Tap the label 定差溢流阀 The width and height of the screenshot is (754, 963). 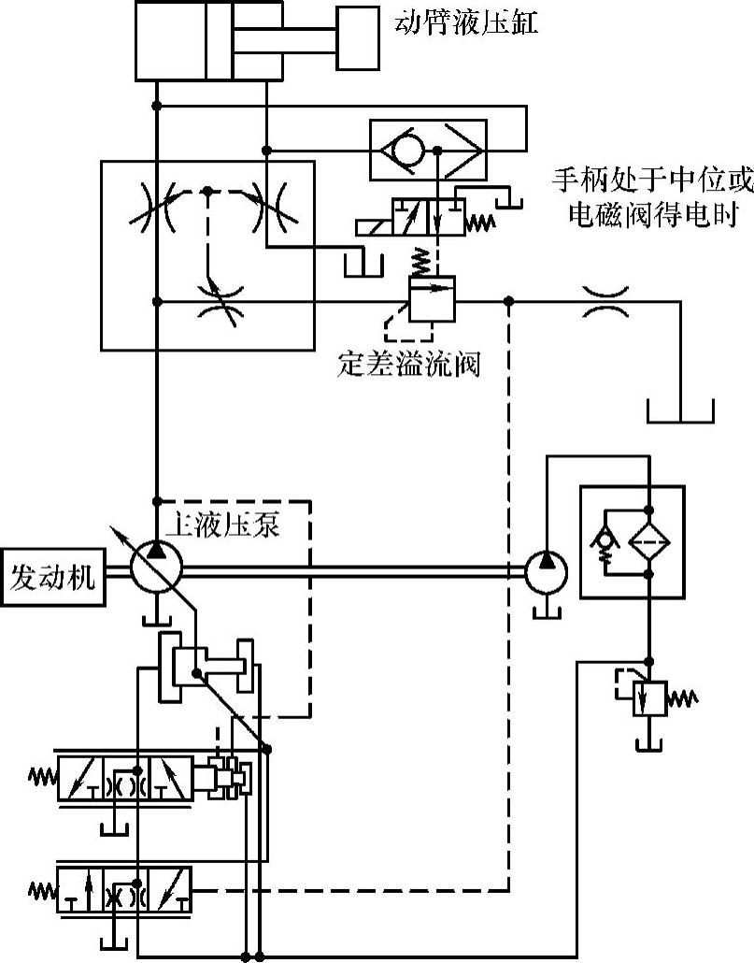point(407,364)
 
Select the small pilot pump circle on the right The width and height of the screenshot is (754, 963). point(547,568)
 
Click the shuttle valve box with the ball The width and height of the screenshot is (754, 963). point(426,150)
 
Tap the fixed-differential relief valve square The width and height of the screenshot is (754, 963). point(430,301)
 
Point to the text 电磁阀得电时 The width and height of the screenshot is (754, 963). point(654,215)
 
